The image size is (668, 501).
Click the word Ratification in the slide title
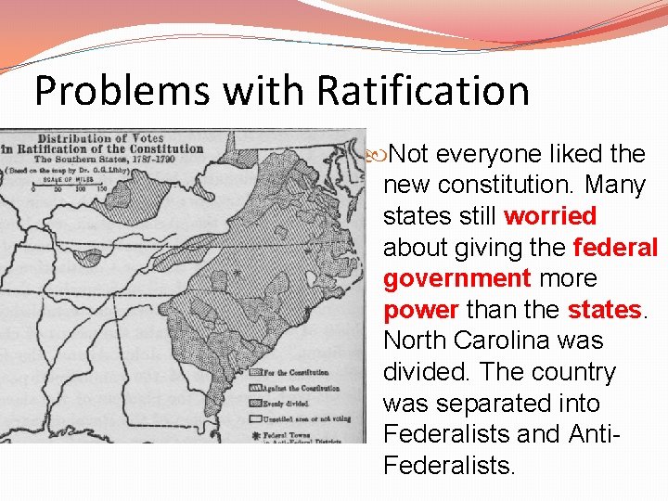click(x=423, y=91)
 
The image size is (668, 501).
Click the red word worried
click(x=550, y=216)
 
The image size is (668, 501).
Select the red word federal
click(x=616, y=248)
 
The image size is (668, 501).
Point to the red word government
click(x=457, y=278)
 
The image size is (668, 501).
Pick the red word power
click(x=421, y=310)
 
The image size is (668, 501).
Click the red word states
click(x=604, y=310)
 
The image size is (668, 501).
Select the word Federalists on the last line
click(x=448, y=465)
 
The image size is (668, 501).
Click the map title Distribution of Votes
click(x=100, y=137)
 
